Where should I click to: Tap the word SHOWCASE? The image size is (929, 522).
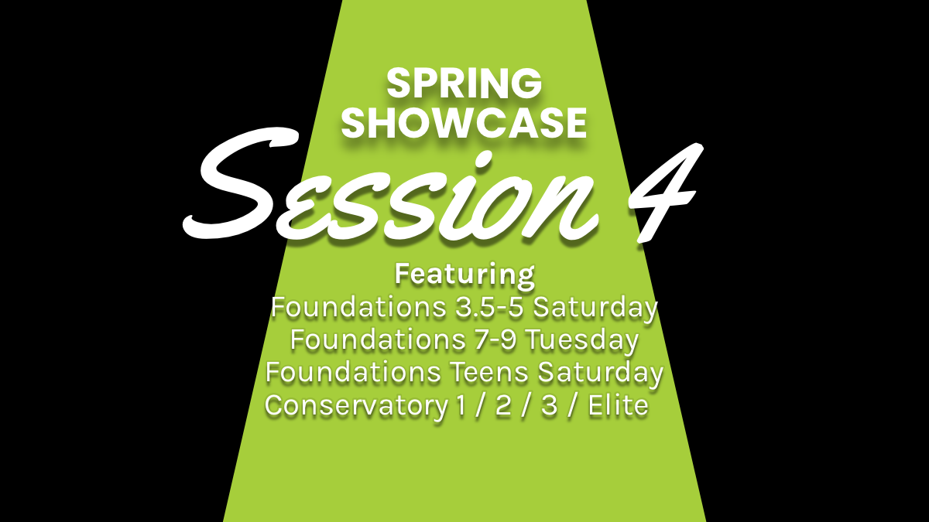point(464,122)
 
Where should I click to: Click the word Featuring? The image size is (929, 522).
point(464,274)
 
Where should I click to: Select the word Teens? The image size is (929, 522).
point(489,373)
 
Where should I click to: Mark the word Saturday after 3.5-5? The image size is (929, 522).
point(597,308)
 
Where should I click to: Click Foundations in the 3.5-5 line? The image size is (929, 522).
point(352,308)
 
